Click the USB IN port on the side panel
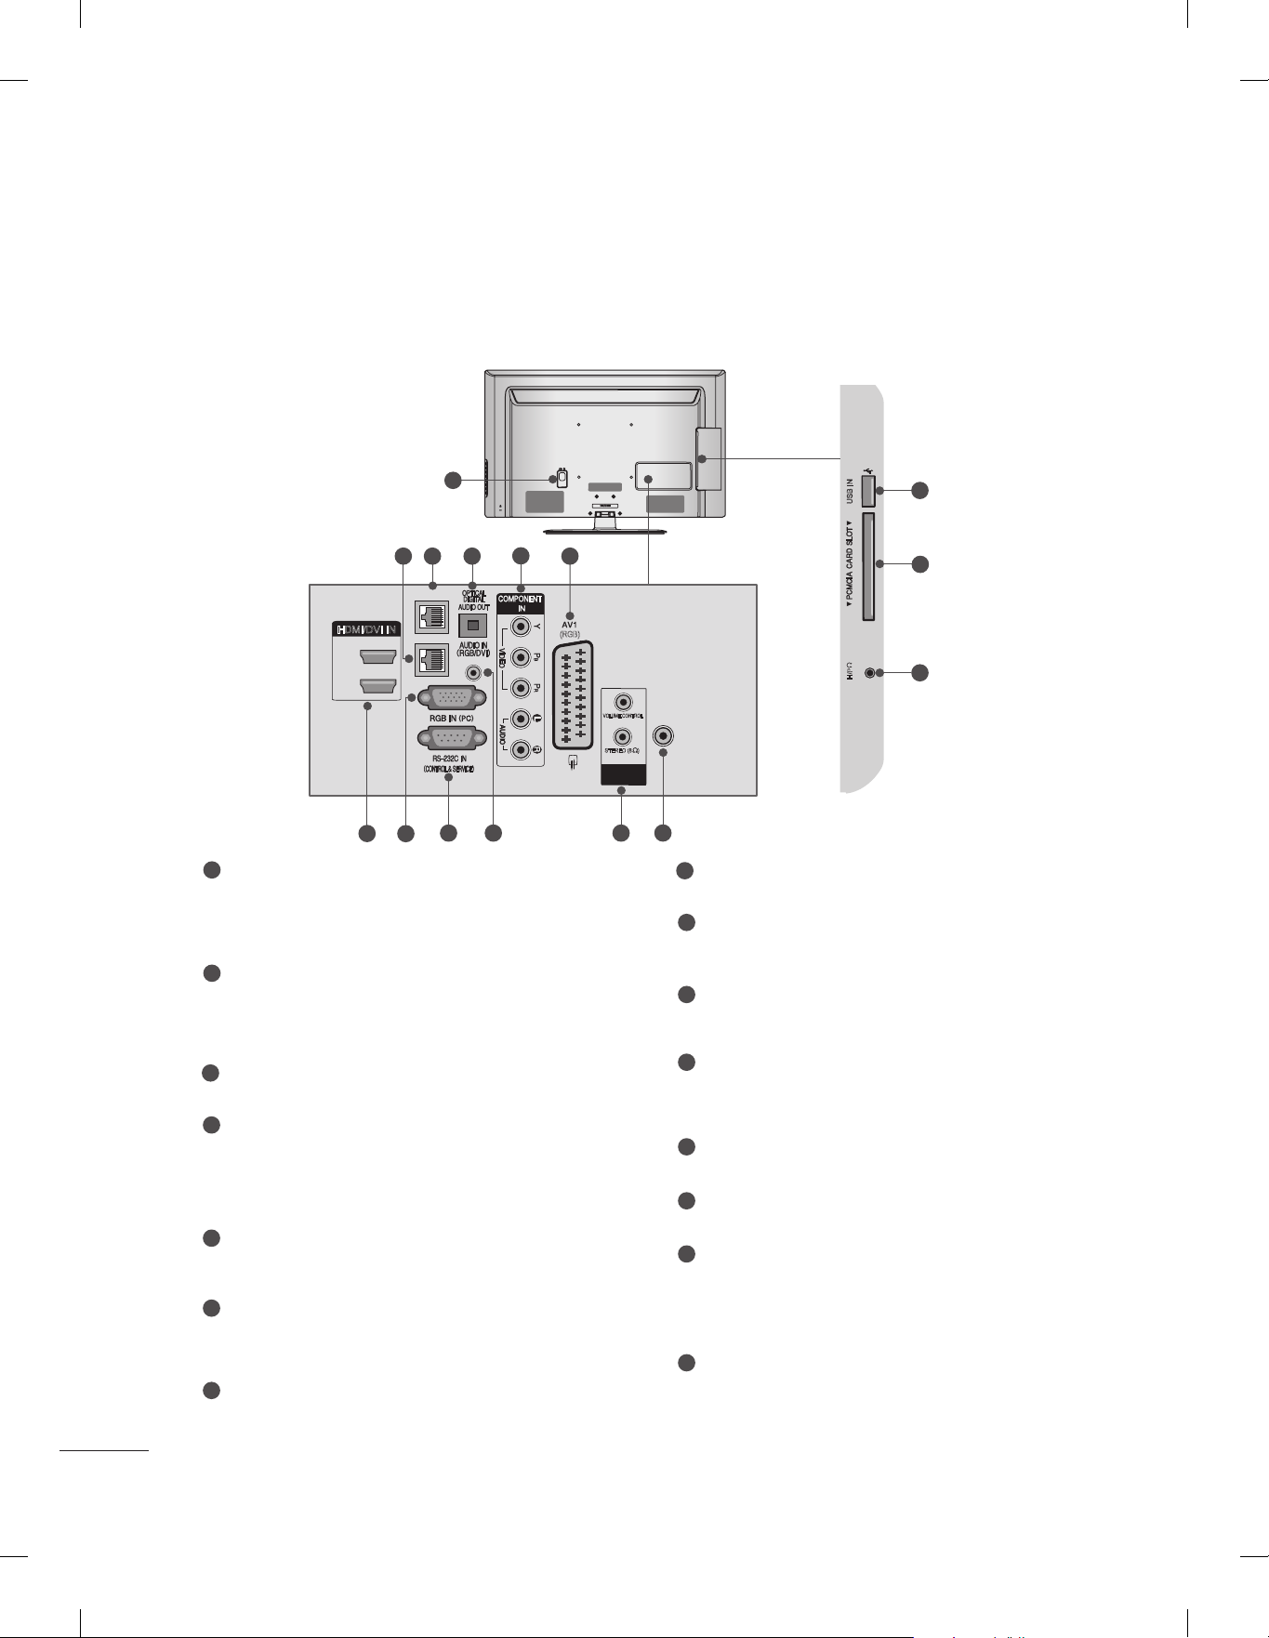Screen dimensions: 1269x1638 (x=867, y=490)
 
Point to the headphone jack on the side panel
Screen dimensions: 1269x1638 (x=870, y=672)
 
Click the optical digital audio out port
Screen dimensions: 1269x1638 (x=473, y=625)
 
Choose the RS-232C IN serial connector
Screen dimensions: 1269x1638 (x=452, y=740)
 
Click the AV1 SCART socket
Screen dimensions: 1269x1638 (x=572, y=698)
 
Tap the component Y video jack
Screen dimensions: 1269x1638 (x=521, y=627)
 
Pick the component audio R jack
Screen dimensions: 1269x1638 (x=521, y=749)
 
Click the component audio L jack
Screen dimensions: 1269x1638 (x=521, y=720)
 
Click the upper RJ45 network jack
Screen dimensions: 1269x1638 (x=432, y=616)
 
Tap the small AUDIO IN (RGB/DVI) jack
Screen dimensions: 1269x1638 (x=475, y=672)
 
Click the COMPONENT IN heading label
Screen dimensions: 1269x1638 (x=521, y=603)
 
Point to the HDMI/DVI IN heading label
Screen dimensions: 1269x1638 (x=365, y=629)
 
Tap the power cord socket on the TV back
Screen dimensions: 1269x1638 (x=560, y=480)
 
